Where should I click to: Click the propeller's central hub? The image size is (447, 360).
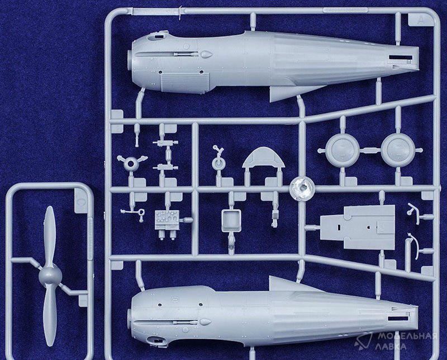pyautogui.click(x=50, y=276)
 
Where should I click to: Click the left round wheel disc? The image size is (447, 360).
pyautogui.click(x=342, y=150)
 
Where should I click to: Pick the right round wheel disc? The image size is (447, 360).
pyautogui.click(x=397, y=150)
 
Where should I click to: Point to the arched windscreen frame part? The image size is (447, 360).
pyautogui.click(x=263, y=158)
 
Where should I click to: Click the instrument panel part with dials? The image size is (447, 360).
pyautogui.click(x=167, y=220)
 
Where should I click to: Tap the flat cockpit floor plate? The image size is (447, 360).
pyautogui.click(x=358, y=227)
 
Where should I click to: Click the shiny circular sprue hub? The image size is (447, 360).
pyautogui.click(x=302, y=188)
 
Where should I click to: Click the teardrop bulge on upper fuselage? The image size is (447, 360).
pyautogui.click(x=206, y=54)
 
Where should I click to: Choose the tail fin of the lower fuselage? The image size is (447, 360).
pyautogui.click(x=288, y=284)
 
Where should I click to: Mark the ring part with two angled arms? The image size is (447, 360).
pyautogui.click(x=131, y=163)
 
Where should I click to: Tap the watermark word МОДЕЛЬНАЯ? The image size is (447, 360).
pyautogui.click(x=407, y=336)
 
